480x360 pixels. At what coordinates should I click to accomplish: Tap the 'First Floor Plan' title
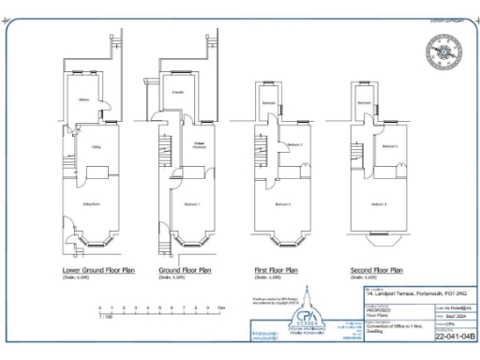(277, 270)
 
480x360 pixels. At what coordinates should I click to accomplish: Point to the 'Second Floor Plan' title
(375, 270)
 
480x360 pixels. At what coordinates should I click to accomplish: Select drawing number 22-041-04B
(455, 337)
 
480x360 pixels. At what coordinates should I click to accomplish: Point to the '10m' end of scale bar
(221, 307)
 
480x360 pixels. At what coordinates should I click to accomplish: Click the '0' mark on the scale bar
(99, 307)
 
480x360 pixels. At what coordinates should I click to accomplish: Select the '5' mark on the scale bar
(160, 307)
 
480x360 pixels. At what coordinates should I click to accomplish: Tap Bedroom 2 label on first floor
(282, 203)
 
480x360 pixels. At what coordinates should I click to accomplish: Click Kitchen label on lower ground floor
(84, 99)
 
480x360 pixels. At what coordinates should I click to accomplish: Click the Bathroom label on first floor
(268, 102)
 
